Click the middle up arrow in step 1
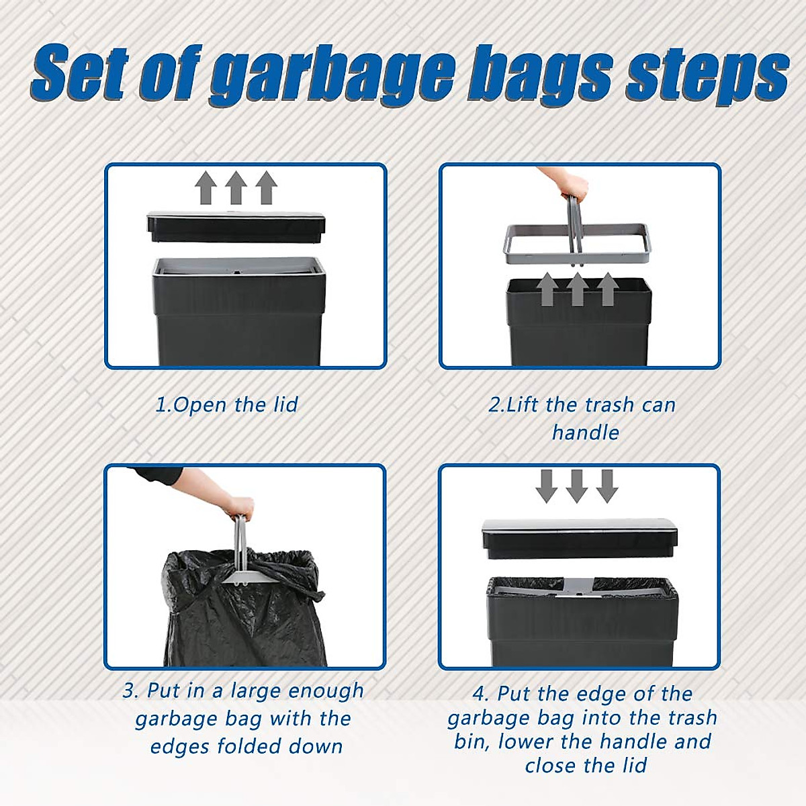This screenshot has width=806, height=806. tap(236, 187)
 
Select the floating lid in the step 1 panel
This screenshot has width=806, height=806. tap(236, 227)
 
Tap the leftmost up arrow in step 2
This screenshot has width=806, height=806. tap(547, 289)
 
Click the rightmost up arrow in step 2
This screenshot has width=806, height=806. tap(607, 289)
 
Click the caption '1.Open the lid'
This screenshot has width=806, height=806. tap(226, 405)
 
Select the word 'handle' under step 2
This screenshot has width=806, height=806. tap(585, 433)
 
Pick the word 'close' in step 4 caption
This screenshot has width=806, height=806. tap(552, 766)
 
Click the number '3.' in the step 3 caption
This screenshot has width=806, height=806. tap(131, 690)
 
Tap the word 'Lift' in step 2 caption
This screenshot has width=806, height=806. tap(523, 405)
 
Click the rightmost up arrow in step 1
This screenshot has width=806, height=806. tap(266, 187)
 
